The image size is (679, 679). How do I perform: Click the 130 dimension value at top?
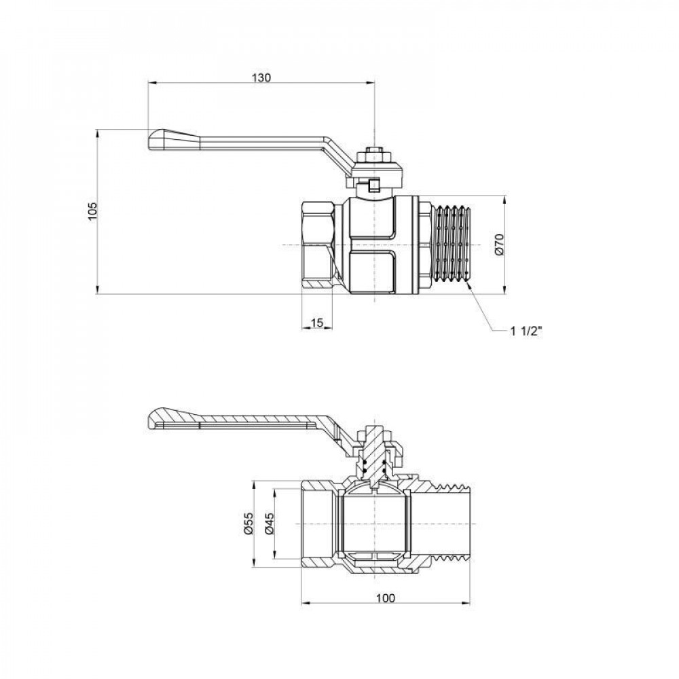261,77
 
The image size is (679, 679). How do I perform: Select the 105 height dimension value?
93,212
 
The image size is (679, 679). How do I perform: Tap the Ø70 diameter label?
498,244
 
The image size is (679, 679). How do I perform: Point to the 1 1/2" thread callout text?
526,331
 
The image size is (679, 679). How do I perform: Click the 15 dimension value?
317,322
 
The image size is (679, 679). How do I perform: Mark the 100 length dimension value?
384,598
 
